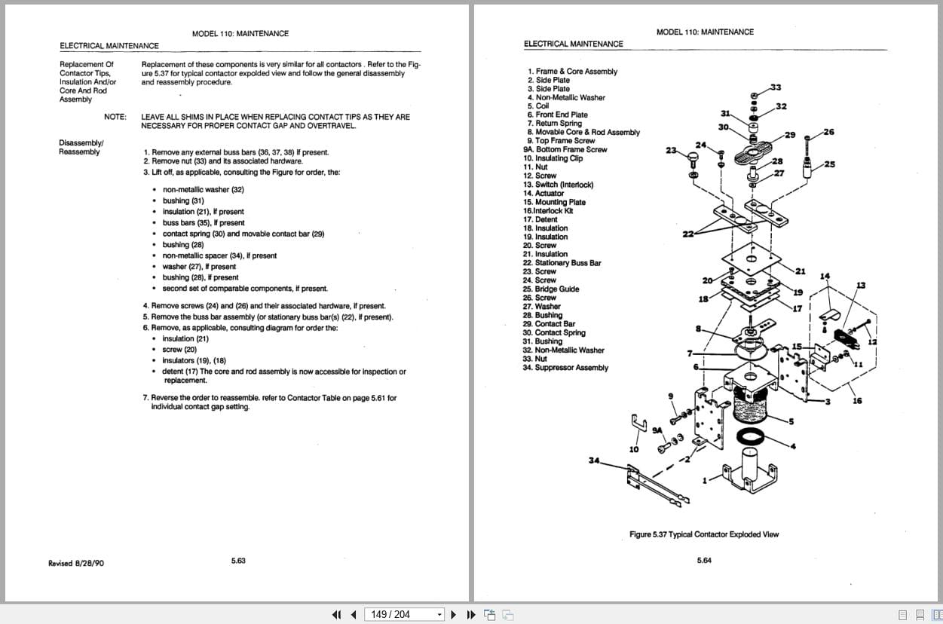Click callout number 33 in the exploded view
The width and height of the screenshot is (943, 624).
tap(776, 88)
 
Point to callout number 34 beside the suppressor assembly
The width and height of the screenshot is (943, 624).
tap(594, 460)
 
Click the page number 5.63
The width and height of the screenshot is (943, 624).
tap(238, 561)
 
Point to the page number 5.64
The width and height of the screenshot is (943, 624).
tap(704, 561)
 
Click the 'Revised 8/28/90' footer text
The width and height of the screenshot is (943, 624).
tap(76, 563)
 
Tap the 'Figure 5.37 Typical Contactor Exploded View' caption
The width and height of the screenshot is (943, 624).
tap(704, 534)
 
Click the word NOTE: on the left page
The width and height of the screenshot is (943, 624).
tap(115, 117)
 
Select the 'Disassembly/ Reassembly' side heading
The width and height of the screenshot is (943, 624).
tap(81, 147)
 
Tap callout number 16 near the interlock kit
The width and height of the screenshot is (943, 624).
tap(857, 401)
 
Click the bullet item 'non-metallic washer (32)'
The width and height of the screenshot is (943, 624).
tap(203, 190)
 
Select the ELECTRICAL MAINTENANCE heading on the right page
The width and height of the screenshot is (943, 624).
tap(573, 44)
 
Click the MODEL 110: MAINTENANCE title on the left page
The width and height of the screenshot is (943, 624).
tap(240, 33)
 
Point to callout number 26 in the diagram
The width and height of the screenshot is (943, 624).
tap(829, 132)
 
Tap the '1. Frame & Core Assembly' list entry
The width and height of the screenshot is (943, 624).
tap(572, 72)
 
